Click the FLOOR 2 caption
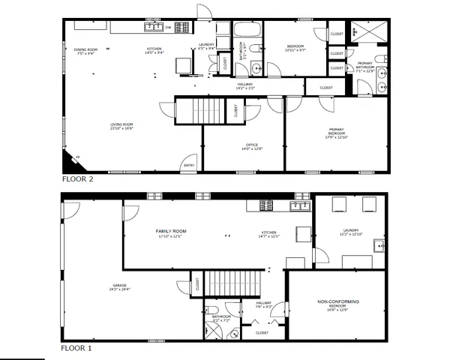77,180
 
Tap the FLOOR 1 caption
77,349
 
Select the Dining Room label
84,52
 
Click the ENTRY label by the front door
188,166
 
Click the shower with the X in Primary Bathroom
369,31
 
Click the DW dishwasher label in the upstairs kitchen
168,28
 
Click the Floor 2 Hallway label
244,85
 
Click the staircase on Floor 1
232,283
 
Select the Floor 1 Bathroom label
220,317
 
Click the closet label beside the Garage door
197,284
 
